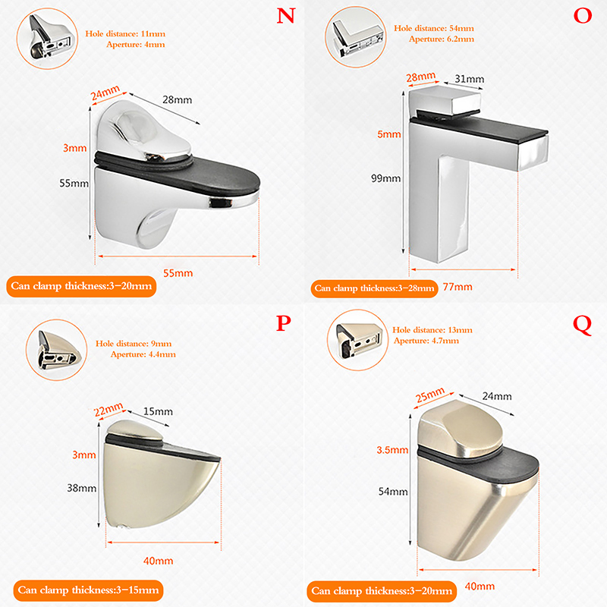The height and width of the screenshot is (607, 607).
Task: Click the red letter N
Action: pyautogui.click(x=286, y=16)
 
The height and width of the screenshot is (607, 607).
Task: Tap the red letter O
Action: pyautogui.click(x=583, y=16)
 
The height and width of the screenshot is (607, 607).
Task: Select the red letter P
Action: pyautogui.click(x=283, y=323)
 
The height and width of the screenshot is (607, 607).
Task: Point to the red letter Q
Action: pyautogui.click(x=583, y=326)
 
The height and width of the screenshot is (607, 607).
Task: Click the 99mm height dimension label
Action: pyautogui.click(x=385, y=178)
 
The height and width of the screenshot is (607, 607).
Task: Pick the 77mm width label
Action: pyautogui.click(x=458, y=287)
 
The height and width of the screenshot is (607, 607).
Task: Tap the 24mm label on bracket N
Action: pyautogui.click(x=105, y=93)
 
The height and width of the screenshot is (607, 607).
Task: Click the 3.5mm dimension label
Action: pyautogui.click(x=392, y=450)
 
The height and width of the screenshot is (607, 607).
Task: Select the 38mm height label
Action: pyautogui.click(x=82, y=488)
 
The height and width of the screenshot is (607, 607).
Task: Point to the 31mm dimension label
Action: pyautogui.click(x=469, y=79)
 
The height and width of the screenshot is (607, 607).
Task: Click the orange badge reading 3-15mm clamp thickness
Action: pyautogui.click(x=88, y=590)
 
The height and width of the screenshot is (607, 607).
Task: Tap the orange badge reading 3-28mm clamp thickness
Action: pyautogui.click(x=374, y=288)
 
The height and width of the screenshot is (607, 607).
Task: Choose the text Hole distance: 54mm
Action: pyautogui.click(x=434, y=28)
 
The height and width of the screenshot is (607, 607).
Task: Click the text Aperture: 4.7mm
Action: pyautogui.click(x=426, y=341)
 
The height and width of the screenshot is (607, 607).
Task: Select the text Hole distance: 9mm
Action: pyautogui.click(x=134, y=344)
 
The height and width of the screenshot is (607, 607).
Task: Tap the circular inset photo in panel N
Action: pyautogui.click(x=47, y=39)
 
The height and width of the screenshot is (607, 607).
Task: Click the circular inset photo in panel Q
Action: pyautogui.click(x=357, y=340)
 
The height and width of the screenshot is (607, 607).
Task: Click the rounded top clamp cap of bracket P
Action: pyautogui.click(x=135, y=429)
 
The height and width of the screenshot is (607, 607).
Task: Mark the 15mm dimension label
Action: pyautogui.click(x=158, y=411)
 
